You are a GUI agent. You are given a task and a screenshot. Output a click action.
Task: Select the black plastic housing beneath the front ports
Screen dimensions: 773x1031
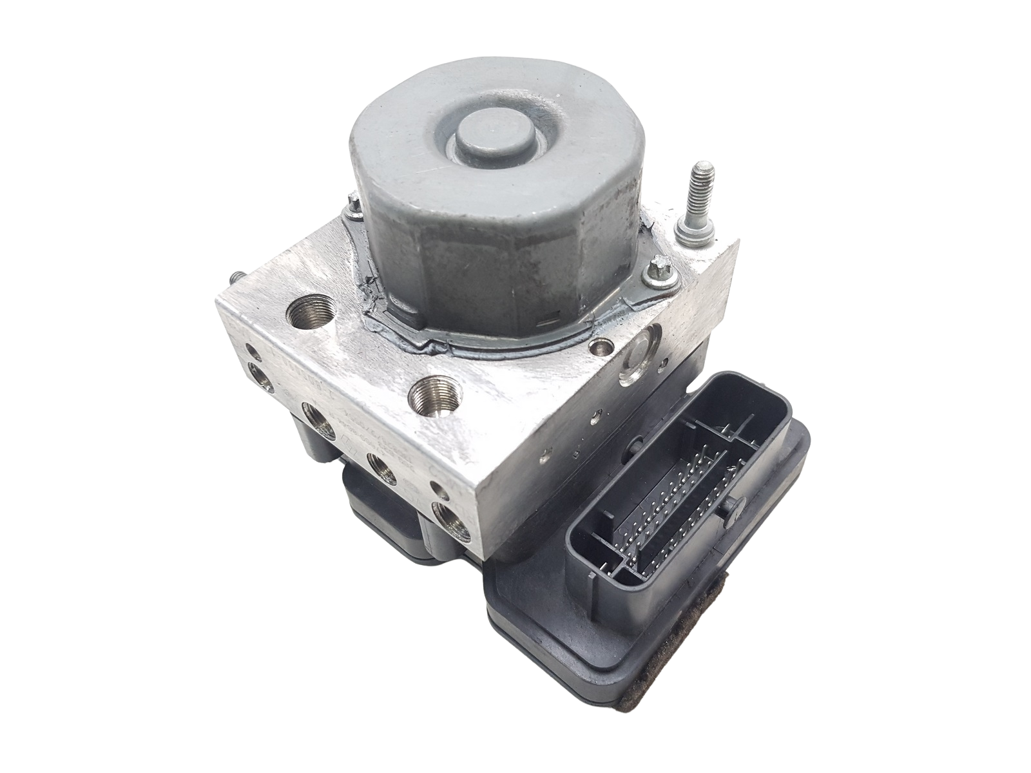point(380,509)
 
